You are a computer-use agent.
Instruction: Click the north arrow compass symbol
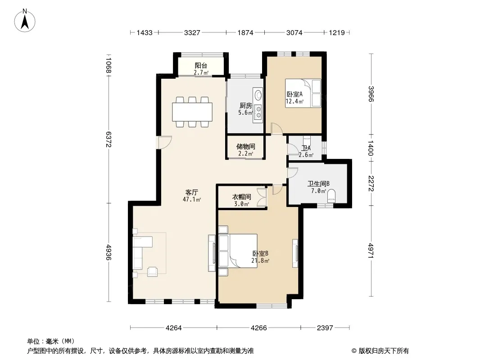coord(25,21)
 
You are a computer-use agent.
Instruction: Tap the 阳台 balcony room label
coord(201,65)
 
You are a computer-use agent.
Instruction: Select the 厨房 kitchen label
coord(245,105)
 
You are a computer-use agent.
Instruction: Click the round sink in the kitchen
coord(258,94)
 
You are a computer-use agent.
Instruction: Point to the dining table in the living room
coord(192,112)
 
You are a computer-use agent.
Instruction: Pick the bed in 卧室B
coord(238,251)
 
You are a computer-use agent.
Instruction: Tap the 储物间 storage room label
coord(245,147)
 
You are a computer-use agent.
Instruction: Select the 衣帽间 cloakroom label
coord(241,197)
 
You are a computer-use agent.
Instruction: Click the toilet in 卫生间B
coord(331,196)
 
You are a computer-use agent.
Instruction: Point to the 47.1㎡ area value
coord(192,200)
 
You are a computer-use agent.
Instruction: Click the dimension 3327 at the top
coord(192,32)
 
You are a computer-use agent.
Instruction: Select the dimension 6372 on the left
coord(109,139)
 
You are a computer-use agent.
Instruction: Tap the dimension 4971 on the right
coord(371,251)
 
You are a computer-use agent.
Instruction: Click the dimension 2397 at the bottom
coord(325,328)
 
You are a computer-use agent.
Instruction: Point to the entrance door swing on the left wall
coord(164,142)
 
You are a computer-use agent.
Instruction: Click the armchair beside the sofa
coord(153,272)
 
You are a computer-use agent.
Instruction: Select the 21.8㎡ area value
coord(260,261)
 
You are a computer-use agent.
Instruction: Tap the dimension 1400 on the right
coord(371,148)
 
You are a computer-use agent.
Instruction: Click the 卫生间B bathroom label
coord(318,184)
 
